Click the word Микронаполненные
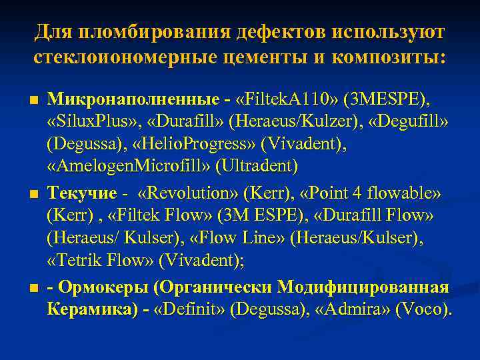pyautogui.click(x=133, y=100)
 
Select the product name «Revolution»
pyautogui.click(x=189, y=194)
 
